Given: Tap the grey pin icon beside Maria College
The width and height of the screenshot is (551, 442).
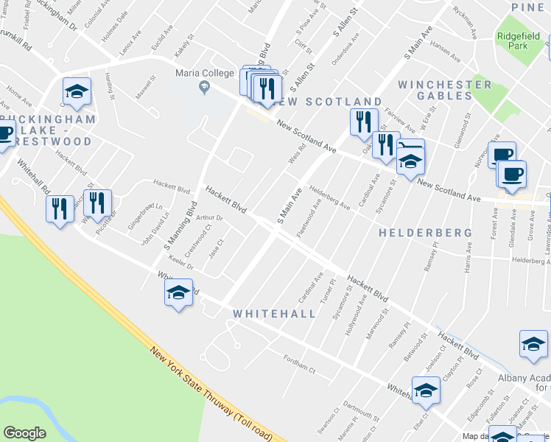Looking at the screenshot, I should point(205,88).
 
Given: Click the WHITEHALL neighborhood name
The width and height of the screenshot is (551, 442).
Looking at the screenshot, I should point(274,314).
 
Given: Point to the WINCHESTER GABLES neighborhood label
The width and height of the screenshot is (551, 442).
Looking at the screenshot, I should point(445,90).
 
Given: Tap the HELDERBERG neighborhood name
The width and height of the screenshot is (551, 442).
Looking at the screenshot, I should point(425,233).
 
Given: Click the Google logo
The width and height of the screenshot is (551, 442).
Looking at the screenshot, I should point(24,433).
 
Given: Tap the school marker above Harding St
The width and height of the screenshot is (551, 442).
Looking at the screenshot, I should point(77,92).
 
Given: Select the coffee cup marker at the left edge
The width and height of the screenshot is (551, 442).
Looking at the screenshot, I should point(4,134).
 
